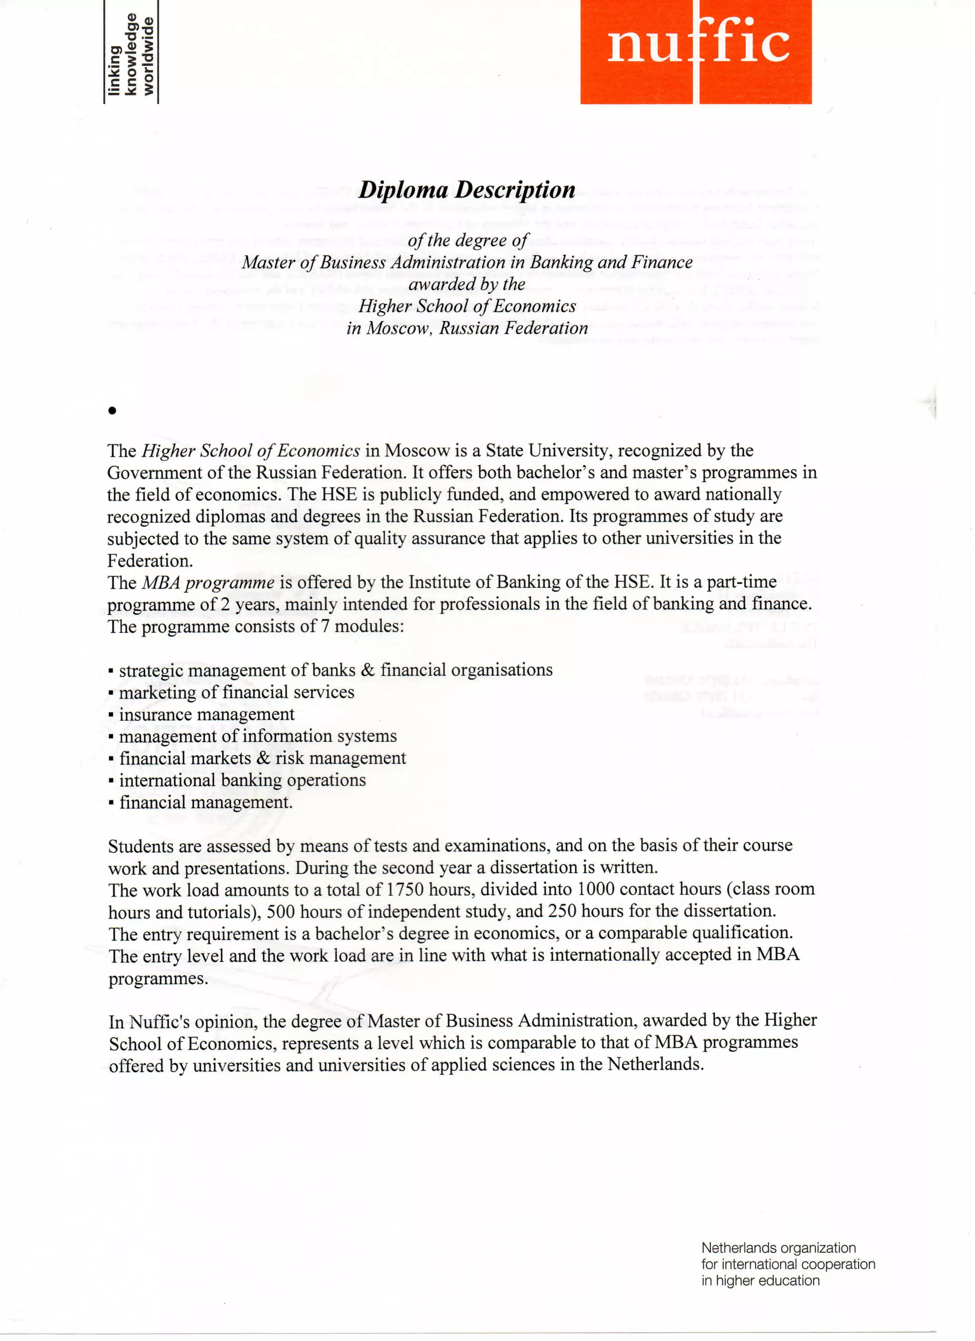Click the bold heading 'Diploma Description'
467,190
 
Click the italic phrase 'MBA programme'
208,582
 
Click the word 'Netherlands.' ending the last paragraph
656,1065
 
